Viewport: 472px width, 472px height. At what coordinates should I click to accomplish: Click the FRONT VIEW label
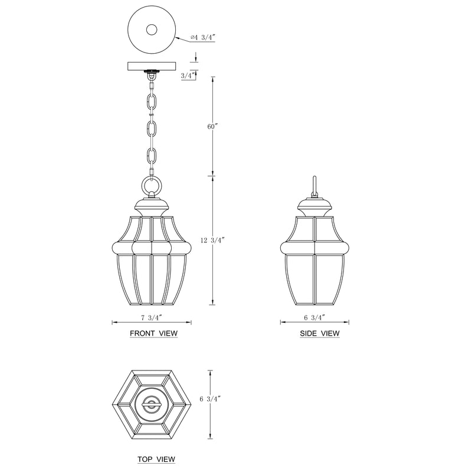[x=153, y=333]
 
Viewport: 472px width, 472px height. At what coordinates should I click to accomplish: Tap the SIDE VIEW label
[x=320, y=333]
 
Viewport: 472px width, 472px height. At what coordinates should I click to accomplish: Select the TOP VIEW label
[x=156, y=460]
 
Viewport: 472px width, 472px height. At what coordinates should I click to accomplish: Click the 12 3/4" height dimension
[x=212, y=240]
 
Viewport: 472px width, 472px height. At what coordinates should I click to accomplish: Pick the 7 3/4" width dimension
[x=152, y=317]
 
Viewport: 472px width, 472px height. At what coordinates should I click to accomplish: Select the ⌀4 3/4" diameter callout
[x=203, y=38]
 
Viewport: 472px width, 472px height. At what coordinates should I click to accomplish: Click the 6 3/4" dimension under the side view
[x=314, y=317]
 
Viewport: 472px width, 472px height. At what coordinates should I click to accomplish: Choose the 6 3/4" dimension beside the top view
[x=210, y=399]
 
